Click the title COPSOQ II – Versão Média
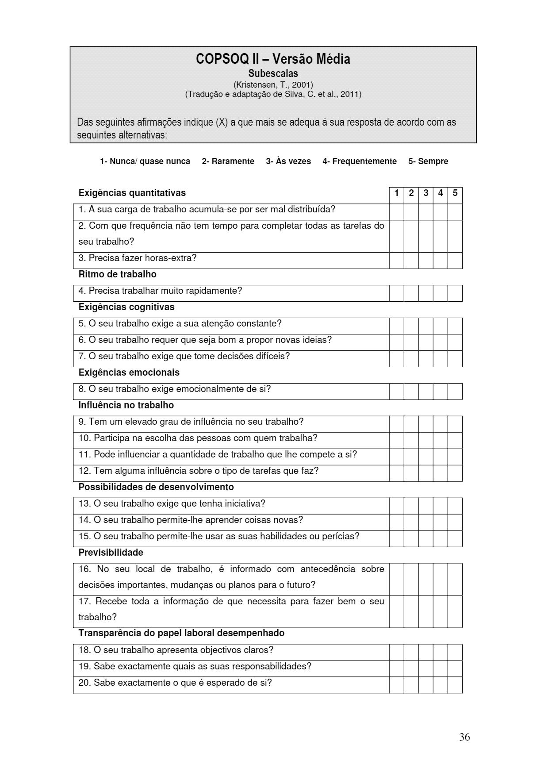(273, 59)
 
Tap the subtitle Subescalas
(273, 73)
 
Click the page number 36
(464, 737)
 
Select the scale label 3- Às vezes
(288, 161)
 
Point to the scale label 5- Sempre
(428, 161)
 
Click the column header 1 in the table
(396, 193)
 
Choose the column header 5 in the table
(455, 193)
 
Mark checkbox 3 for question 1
(425, 212)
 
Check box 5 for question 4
(455, 293)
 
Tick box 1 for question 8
(396, 392)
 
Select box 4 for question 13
(440, 506)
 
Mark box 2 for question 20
(411, 685)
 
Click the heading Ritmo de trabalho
(117, 274)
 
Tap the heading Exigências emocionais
(129, 373)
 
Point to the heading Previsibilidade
(111, 553)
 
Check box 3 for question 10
(425, 441)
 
